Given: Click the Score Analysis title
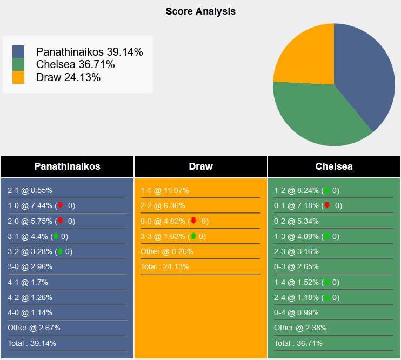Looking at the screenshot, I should point(201,11).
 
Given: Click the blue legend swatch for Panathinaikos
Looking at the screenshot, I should point(18,51).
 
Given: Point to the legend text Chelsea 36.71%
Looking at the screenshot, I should point(76,64).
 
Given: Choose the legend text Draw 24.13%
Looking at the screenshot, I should point(69,77).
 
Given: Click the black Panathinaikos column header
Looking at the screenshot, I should point(67,166).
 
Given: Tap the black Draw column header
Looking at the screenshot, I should point(201,166).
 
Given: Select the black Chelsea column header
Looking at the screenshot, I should point(334,166).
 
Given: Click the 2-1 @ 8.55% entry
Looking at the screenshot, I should point(30,191).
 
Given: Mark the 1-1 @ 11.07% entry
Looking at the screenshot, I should point(165,191).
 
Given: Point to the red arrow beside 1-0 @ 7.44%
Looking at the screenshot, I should point(60,206).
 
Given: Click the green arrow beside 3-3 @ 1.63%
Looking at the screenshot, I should point(193,236).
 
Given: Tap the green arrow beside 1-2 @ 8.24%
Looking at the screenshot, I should point(327,191).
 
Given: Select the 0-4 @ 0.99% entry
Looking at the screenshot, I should point(296,312).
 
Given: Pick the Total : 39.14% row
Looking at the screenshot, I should point(32,343).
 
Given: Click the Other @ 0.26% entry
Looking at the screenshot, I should point(166,251).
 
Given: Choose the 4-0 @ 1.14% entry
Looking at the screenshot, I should point(30,312).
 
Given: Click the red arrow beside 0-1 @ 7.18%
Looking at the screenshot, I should point(327,206).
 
